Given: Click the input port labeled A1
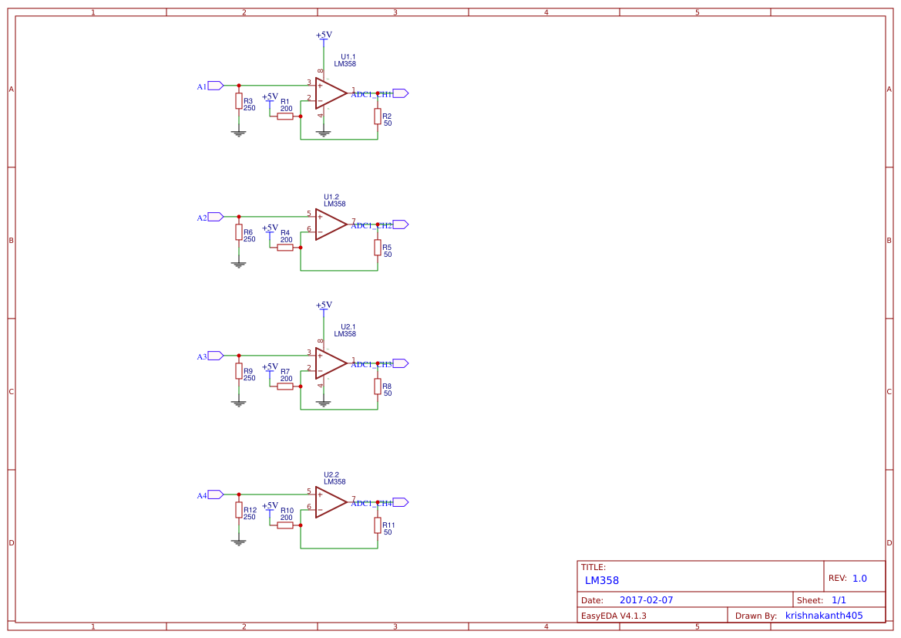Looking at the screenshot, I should pyautogui.click(x=215, y=86).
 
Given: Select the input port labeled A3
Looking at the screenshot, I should pyautogui.click(x=215, y=356).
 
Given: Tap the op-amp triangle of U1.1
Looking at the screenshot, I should pyautogui.click(x=330, y=93).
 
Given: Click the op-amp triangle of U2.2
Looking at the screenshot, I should pyautogui.click(x=330, y=501).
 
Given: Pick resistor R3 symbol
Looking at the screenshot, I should pyautogui.click(x=239, y=101).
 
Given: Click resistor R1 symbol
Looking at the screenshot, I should pyautogui.click(x=285, y=116).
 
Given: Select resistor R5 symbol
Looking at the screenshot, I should pyautogui.click(x=378, y=247).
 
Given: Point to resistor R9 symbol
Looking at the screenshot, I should pyautogui.click(x=239, y=371).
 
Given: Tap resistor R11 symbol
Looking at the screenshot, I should pyautogui.click(x=378, y=525).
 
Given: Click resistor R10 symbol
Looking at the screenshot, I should pyautogui.click(x=285, y=525).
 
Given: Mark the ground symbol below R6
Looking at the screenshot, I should pyautogui.click(x=239, y=265).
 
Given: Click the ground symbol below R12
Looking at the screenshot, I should pyautogui.click(x=239, y=542).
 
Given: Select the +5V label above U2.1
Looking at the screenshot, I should pyautogui.click(x=324, y=305).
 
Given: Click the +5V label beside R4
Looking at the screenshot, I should pyautogui.click(x=270, y=228).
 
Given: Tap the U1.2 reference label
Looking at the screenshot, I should pyautogui.click(x=331, y=197).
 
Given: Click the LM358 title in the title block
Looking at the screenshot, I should pyautogui.click(x=601, y=580).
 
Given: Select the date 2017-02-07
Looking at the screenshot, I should pyautogui.click(x=646, y=600).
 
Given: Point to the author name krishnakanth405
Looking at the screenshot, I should pyautogui.click(x=824, y=616).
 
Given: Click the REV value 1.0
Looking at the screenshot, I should pyautogui.click(x=859, y=578).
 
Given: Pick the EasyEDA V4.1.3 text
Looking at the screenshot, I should pyautogui.click(x=614, y=616).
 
